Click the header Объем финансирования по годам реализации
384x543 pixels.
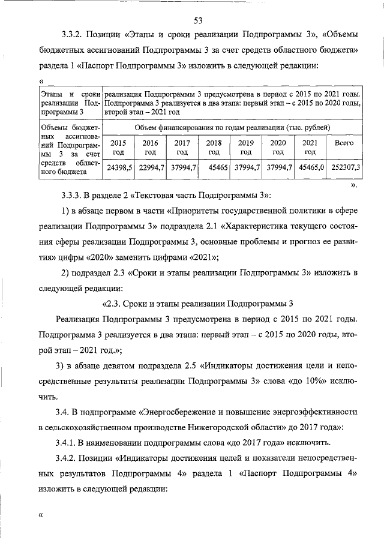coord(231,128)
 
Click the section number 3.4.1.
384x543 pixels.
coord(73,442)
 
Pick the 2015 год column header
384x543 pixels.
coord(119,148)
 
